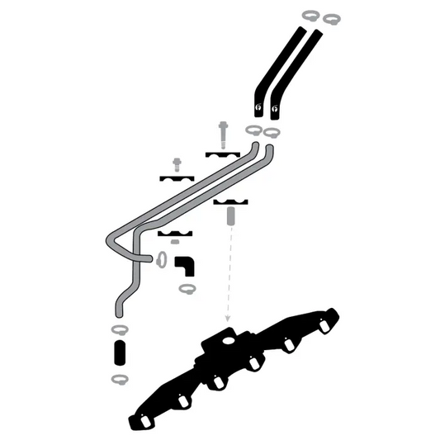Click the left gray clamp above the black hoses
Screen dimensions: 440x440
(x=311, y=15)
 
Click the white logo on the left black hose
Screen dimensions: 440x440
(x=259, y=106)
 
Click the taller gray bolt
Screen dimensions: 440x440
(x=221, y=132)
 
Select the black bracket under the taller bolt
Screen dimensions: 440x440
(x=221, y=154)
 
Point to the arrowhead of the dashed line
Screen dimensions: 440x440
(x=226, y=319)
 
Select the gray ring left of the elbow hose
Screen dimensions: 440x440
(x=161, y=261)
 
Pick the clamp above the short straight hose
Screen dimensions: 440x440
(x=118, y=329)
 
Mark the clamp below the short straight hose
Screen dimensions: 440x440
(x=118, y=379)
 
